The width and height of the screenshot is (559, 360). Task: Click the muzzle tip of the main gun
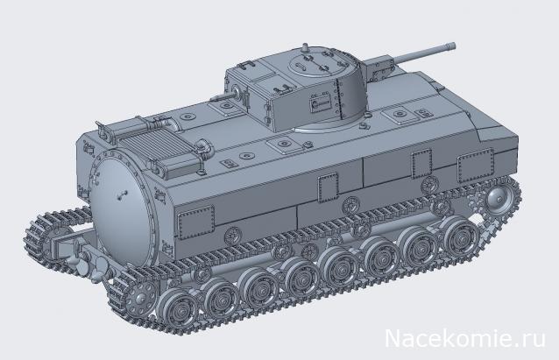pos(455,40)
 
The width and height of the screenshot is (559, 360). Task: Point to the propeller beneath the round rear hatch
pos(74,264)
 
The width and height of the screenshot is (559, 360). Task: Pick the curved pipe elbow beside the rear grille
pos(200,150)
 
